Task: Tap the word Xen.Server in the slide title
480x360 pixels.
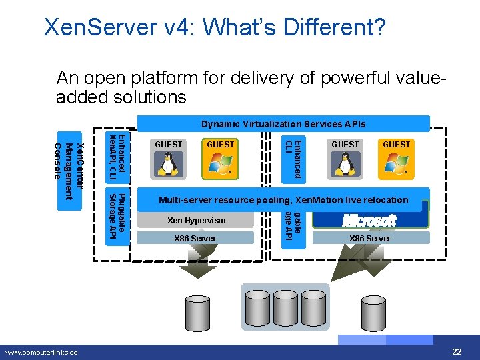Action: click(x=98, y=27)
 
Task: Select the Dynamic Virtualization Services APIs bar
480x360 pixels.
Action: click(x=283, y=124)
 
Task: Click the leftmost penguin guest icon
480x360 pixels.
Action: click(x=169, y=164)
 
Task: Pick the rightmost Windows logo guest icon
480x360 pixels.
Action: click(x=396, y=164)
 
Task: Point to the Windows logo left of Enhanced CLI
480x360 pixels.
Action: click(x=221, y=164)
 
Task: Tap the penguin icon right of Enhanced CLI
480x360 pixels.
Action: click(x=345, y=164)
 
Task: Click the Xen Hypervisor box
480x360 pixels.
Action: click(x=197, y=221)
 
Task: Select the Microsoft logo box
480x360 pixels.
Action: click(x=369, y=220)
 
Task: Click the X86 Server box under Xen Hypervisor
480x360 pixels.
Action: click(x=195, y=238)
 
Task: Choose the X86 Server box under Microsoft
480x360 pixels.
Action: click(x=370, y=238)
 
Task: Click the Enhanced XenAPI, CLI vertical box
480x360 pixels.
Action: click(x=117, y=157)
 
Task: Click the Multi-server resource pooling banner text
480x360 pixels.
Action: click(x=283, y=200)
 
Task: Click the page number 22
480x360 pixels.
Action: click(x=457, y=351)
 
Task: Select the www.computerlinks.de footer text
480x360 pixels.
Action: click(x=42, y=352)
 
